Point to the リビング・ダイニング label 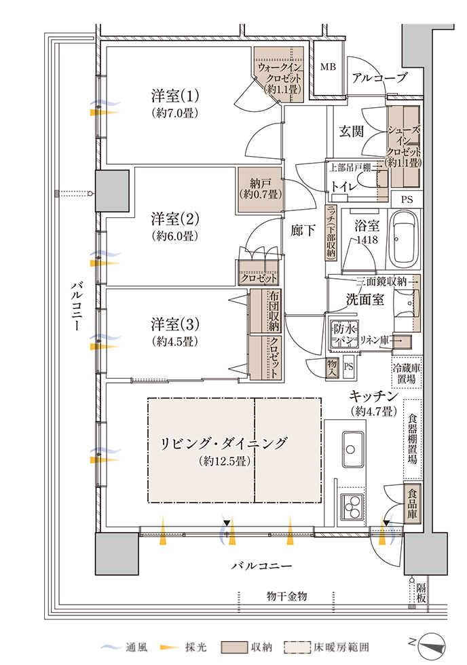(223, 444)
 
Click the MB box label (328, 67)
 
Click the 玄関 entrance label (353, 131)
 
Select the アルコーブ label (379, 78)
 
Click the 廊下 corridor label (303, 230)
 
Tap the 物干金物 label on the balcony (287, 596)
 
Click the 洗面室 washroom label (367, 299)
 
